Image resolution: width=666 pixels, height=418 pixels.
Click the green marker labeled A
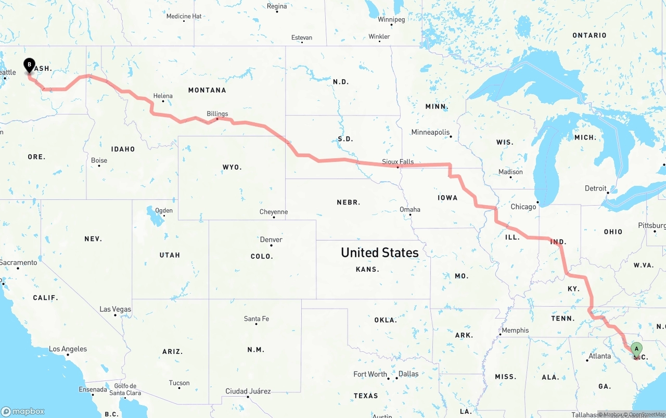tap(636, 349)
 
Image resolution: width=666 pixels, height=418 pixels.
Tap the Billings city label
tap(217, 113)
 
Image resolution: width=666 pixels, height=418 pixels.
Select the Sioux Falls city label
tap(398, 162)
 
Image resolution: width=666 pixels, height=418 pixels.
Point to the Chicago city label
tap(523, 207)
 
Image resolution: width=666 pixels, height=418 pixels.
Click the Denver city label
tap(271, 239)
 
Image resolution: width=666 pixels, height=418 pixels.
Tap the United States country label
tap(379, 252)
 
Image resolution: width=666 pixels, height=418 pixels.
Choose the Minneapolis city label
tap(430, 132)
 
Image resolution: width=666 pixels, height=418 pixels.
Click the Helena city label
tap(163, 96)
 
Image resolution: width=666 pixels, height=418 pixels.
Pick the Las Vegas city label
tap(116, 309)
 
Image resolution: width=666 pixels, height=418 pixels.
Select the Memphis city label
tap(515, 330)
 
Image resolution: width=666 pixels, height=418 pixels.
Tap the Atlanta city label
tap(599, 356)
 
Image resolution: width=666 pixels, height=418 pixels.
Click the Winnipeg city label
tap(391, 20)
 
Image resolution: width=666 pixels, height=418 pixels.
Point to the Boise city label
tap(99, 160)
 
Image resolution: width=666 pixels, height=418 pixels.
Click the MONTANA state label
tap(207, 90)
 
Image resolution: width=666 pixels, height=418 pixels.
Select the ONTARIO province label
tap(589, 35)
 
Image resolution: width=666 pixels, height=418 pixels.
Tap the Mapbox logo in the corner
tap(23, 411)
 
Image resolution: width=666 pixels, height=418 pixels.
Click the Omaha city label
tap(410, 209)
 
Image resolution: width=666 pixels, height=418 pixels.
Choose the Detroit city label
tap(596, 188)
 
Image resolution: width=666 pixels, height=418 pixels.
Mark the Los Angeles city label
tap(68, 349)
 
